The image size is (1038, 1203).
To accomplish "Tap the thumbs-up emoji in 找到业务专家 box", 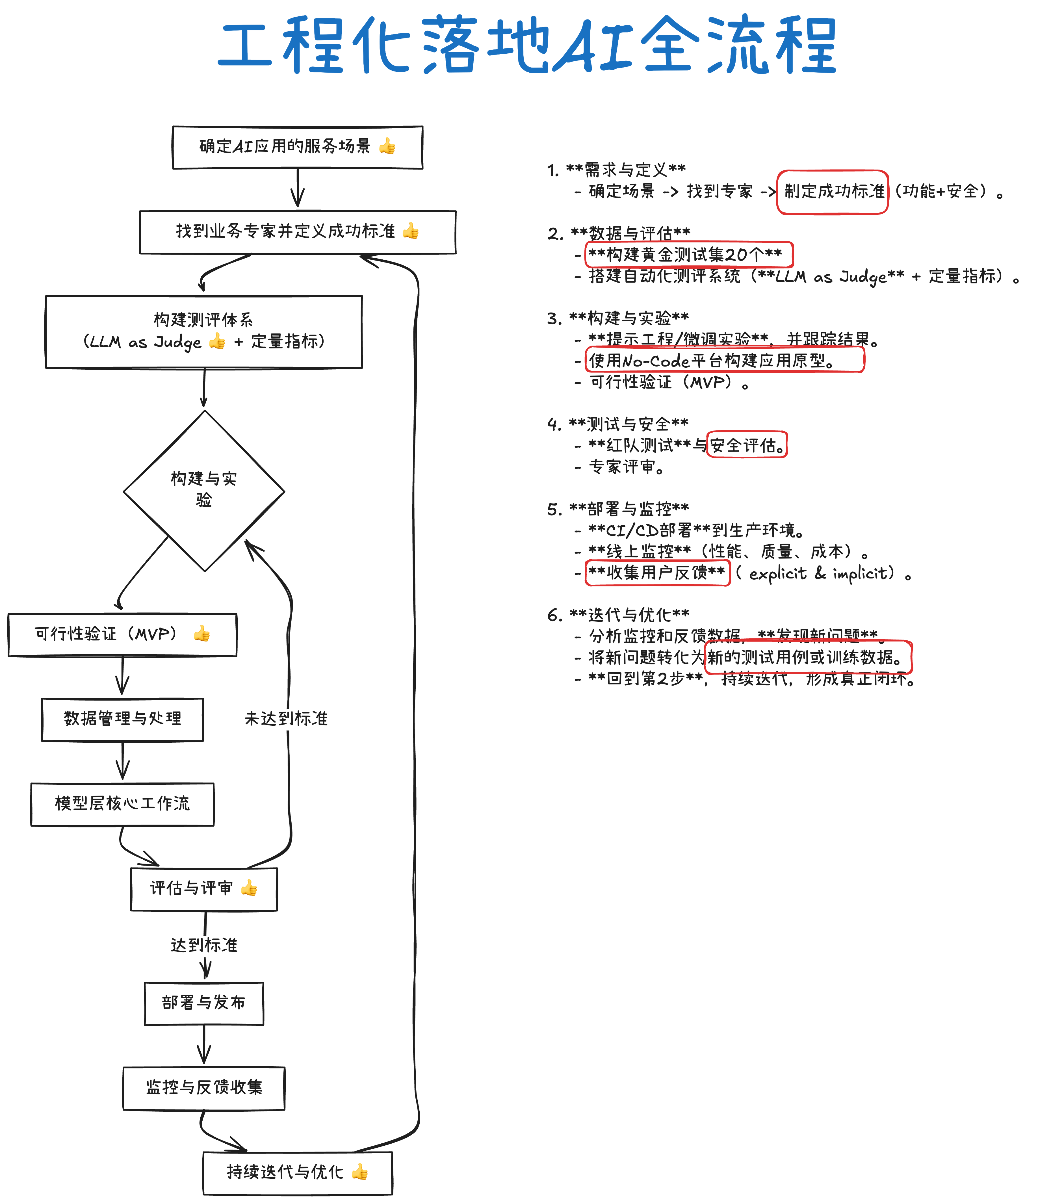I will (x=410, y=231).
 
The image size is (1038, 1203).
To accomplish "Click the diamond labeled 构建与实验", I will (x=204, y=491).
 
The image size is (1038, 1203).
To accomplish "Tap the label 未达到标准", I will (x=286, y=719).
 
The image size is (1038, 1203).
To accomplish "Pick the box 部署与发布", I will (x=204, y=1003).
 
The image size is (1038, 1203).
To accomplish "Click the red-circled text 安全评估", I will (x=747, y=445).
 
